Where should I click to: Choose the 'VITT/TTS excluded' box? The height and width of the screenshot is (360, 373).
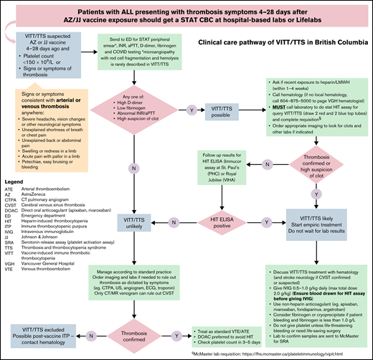click(x=44, y=330)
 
